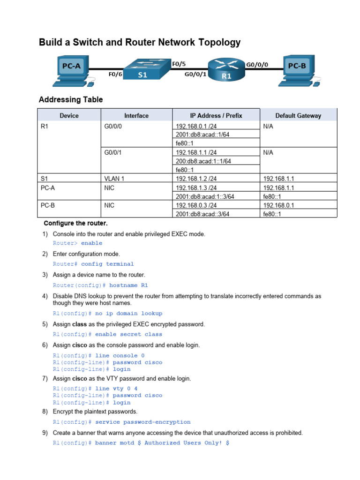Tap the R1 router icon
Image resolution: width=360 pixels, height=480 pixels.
pos(227,69)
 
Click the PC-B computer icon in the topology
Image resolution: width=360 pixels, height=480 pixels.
pos(299,69)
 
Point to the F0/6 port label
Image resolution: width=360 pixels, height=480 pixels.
pos(115,74)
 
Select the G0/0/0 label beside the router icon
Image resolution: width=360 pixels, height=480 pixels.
pos(257,65)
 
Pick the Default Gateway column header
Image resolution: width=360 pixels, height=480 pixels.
pos(298,116)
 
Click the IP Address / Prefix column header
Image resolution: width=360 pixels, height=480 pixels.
pos(216,116)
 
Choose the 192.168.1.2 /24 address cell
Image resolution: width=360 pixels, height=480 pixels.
pos(196,179)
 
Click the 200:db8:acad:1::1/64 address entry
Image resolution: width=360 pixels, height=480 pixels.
pos(203,161)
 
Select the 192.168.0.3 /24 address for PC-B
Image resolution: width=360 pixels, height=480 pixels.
pos(196,205)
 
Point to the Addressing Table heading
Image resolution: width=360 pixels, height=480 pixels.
pos(71,100)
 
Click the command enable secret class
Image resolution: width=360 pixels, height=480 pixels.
pos(128,334)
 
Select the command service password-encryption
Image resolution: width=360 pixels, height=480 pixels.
pos(142,422)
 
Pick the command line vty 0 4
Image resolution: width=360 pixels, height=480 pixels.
pos(116,389)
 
